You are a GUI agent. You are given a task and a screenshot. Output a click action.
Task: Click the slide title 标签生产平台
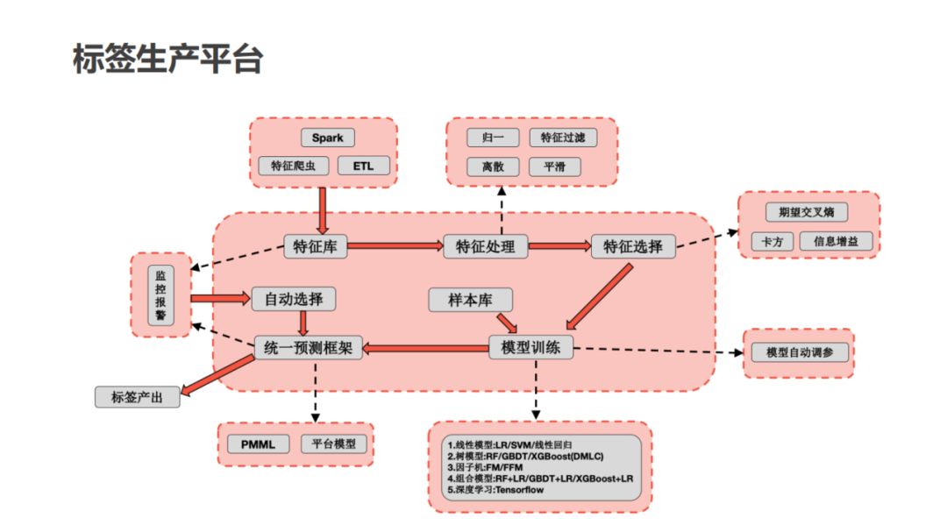tap(167, 60)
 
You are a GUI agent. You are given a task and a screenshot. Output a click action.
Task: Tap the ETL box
tap(362, 166)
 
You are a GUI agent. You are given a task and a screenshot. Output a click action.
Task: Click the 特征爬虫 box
tap(294, 166)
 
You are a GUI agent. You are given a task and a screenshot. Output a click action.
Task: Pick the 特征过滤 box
tap(562, 138)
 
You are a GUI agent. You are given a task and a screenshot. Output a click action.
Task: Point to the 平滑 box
tap(554, 166)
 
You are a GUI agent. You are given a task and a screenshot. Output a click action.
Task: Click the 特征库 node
tap(316, 246)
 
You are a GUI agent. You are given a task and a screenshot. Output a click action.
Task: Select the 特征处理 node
tap(485, 246)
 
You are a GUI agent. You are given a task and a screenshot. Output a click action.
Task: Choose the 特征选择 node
tap(632, 246)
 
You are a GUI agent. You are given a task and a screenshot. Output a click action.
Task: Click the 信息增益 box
tap(836, 240)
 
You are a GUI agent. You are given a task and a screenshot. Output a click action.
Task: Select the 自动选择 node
tap(293, 299)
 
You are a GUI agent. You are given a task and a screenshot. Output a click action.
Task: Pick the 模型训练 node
tap(530, 347)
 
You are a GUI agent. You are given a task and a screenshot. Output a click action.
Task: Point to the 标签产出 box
tap(138, 397)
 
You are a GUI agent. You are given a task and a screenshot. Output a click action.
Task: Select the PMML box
tap(258, 444)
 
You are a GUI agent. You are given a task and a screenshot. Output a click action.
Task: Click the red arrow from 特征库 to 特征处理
tap(395, 246)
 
